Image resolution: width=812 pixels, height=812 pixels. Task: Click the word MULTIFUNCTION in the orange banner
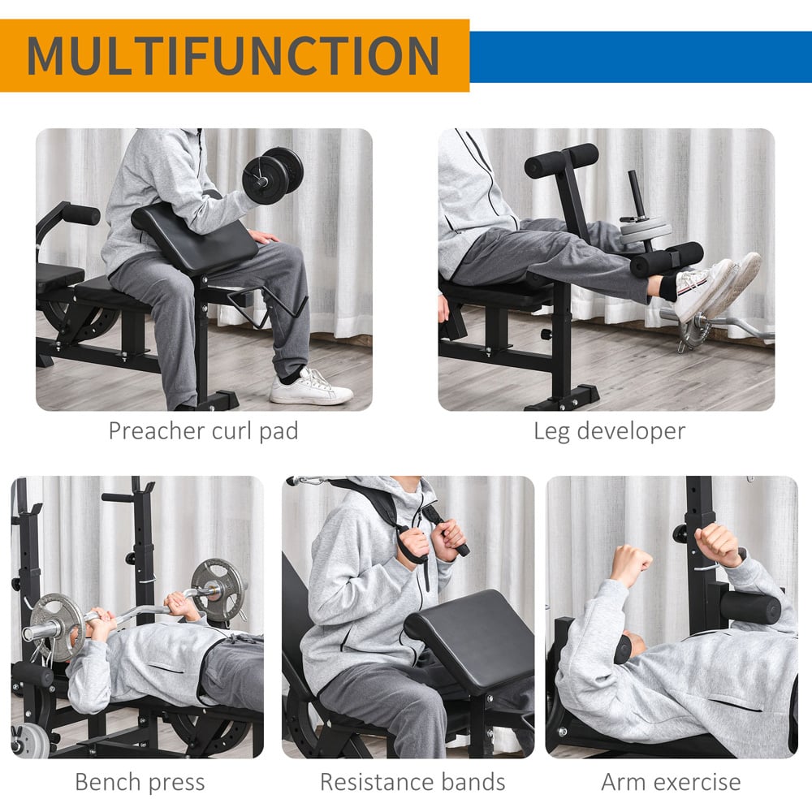[x=233, y=55]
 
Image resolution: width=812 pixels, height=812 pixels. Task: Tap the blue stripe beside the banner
[x=641, y=57]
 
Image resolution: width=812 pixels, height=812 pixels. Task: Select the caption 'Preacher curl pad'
[x=204, y=431]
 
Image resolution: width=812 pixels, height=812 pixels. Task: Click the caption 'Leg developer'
[x=610, y=431]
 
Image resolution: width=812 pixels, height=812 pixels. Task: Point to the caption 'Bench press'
[x=140, y=782]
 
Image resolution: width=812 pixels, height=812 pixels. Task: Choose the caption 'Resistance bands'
[x=412, y=782]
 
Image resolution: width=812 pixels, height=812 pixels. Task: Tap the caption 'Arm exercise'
[x=672, y=782]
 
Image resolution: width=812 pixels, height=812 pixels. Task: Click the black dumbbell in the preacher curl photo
[x=273, y=175]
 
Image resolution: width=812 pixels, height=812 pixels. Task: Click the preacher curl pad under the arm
[x=195, y=237]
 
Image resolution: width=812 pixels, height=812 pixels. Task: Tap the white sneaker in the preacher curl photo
[x=310, y=387]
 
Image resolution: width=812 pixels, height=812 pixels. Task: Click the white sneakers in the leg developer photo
[x=717, y=287]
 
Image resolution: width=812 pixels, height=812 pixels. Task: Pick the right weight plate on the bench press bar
[x=217, y=590]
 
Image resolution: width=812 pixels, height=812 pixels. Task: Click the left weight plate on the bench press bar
[x=57, y=627]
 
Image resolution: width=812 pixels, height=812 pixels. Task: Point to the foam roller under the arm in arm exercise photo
[x=750, y=607]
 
